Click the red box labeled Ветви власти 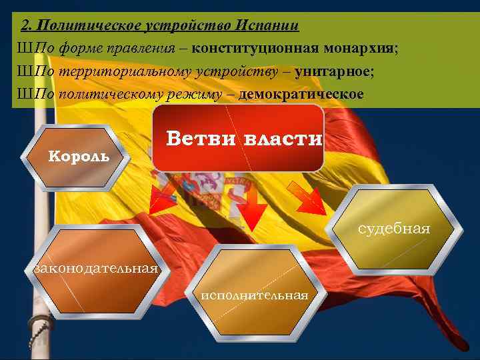238,138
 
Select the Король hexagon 75,157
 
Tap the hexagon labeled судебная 393,230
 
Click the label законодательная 96,268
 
